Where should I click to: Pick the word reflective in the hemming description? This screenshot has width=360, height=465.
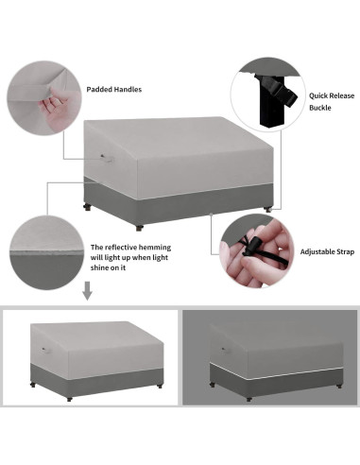(129, 245)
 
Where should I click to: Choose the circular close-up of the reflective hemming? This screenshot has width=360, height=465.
(42, 248)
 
